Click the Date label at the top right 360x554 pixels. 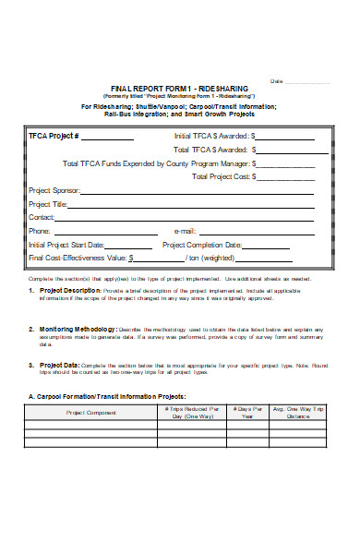[275, 81]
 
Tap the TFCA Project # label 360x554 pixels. [54, 136]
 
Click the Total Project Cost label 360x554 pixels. [243, 176]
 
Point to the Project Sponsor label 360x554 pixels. [54, 191]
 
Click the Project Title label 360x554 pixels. [48, 204]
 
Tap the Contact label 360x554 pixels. [42, 218]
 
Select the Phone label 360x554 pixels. [40, 232]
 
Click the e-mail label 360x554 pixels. [185, 232]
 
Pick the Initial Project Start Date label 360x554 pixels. [66, 246]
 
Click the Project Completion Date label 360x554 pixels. [200, 246]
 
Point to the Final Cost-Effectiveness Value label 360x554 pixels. [78, 259]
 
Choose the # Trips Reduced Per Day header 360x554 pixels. [191, 412]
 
